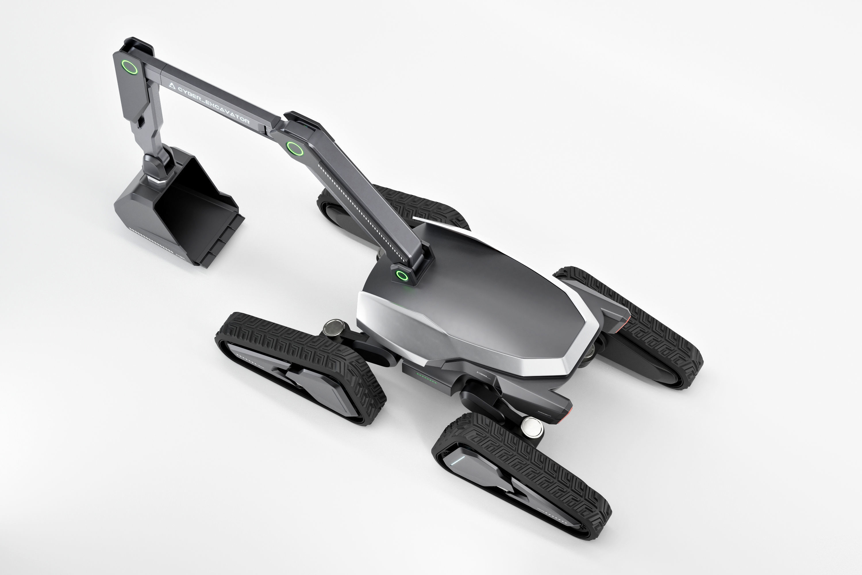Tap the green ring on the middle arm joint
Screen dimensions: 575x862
(x=294, y=149)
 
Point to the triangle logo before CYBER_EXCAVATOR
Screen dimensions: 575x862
(x=172, y=86)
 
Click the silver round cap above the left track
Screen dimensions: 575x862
(x=334, y=327)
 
